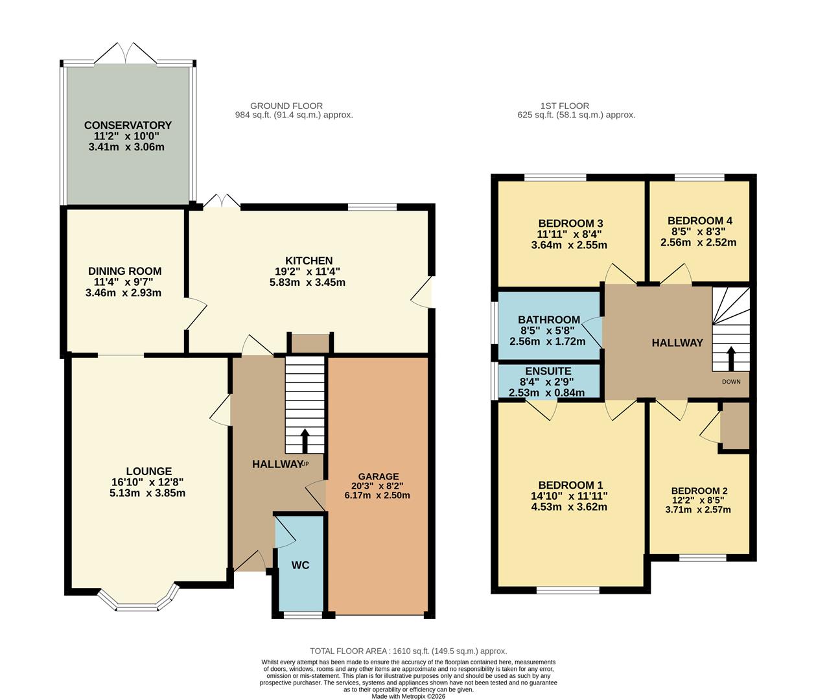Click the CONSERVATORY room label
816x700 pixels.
128,125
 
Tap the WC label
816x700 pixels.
300,565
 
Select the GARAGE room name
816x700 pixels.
377,476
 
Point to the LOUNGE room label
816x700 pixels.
149,471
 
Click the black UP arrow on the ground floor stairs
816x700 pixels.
305,441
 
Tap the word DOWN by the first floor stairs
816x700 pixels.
731,382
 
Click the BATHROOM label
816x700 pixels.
548,320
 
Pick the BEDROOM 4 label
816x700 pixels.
700,220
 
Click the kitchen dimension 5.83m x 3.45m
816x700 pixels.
307,283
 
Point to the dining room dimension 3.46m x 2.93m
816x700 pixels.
124,293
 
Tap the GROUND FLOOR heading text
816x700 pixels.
286,106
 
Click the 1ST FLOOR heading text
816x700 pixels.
565,106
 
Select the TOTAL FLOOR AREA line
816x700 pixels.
408,651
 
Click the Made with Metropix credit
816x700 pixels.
408,696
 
